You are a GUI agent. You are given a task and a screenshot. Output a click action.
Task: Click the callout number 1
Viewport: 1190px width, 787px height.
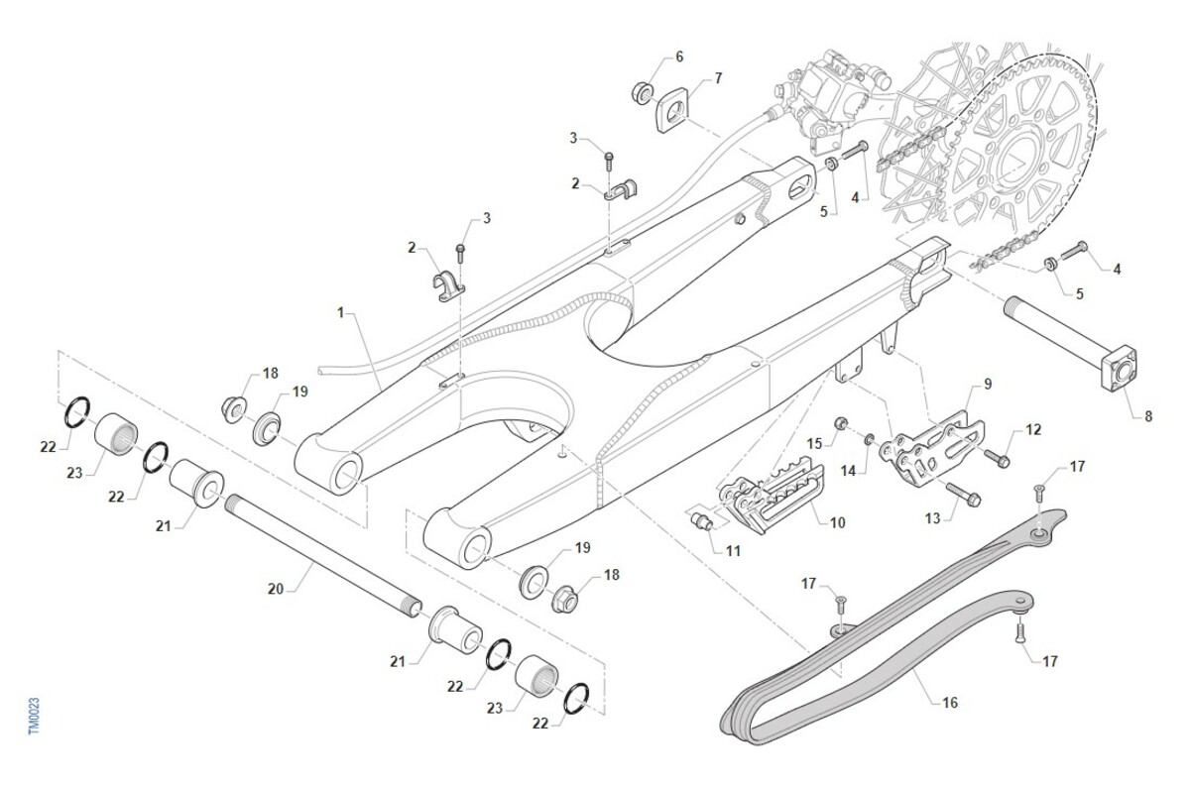click(x=340, y=312)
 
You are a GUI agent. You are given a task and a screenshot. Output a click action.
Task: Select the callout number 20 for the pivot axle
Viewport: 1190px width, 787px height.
click(x=276, y=589)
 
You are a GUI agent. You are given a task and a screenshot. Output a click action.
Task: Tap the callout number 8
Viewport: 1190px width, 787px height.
click(x=1148, y=416)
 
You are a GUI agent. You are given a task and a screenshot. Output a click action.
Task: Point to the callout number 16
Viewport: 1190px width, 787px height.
click(x=950, y=703)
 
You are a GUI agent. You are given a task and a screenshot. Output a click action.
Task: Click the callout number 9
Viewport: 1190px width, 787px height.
click(x=988, y=383)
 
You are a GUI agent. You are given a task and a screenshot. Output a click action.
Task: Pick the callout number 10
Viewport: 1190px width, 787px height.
click(x=838, y=521)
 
